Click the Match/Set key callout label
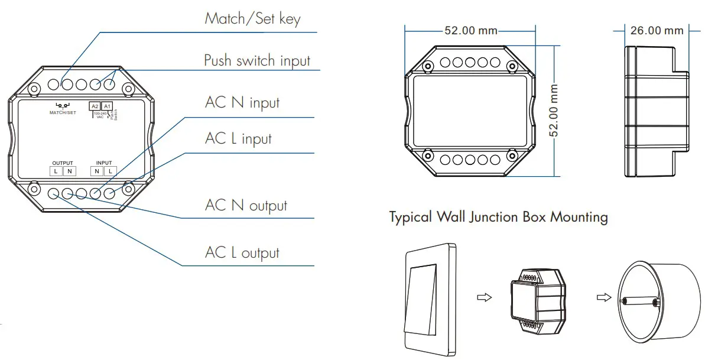(252, 18)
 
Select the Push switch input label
(257, 60)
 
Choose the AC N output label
(246, 205)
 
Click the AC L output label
(242, 253)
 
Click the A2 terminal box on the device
(95, 106)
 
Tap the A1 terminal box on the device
(107, 106)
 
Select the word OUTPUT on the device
(63, 163)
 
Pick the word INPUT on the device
(104, 163)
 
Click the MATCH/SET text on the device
(63, 112)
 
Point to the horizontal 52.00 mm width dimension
(470, 30)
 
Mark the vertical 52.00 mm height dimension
(554, 110)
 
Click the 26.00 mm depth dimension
(657, 30)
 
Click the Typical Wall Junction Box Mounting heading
(498, 217)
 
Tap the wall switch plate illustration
(430, 298)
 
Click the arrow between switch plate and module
(484, 298)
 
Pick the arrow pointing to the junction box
(603, 297)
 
